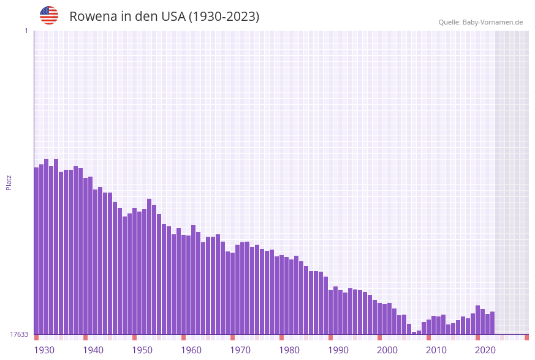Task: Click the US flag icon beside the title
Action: (x=49, y=15)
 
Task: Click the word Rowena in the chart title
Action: (x=93, y=17)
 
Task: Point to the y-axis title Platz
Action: (x=9, y=182)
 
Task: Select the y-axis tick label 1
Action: (x=26, y=31)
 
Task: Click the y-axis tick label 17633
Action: (x=19, y=334)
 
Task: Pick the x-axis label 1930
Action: (x=44, y=350)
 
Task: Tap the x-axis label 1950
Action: (x=142, y=350)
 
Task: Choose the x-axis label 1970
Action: (x=240, y=350)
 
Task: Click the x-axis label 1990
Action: (x=338, y=350)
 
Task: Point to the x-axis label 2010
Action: (x=436, y=350)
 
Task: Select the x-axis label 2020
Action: (x=485, y=350)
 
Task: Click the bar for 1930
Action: (x=37, y=251)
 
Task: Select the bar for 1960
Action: (x=184, y=285)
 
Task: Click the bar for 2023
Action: (x=493, y=323)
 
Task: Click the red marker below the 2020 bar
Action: (x=478, y=337)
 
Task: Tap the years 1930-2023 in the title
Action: (x=224, y=17)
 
